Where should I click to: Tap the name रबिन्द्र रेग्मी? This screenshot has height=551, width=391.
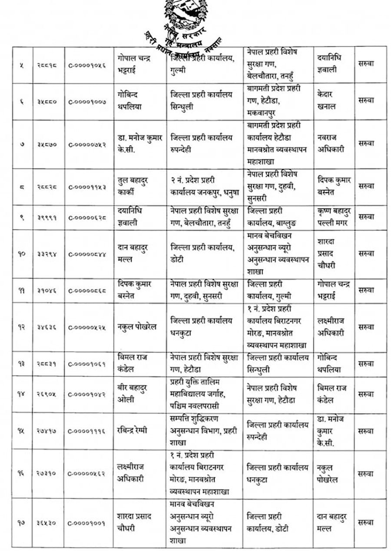pyautogui.click(x=135, y=430)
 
